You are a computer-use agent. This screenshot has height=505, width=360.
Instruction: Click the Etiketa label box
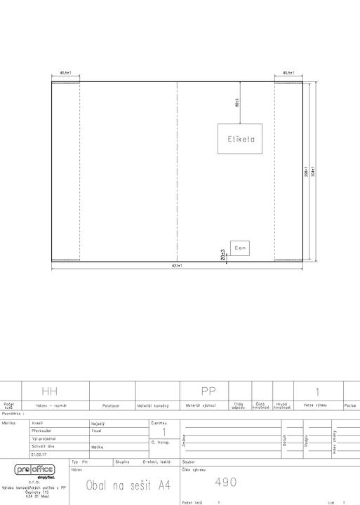[x=240, y=139]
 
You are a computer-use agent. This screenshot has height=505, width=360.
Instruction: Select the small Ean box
[x=240, y=248]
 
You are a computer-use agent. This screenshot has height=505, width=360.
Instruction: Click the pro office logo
[x=34, y=469]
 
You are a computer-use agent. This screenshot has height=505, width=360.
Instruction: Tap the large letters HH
[x=50, y=390]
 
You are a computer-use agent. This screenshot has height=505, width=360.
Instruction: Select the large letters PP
[x=208, y=390]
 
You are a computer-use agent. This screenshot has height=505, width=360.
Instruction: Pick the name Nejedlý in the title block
[x=98, y=424]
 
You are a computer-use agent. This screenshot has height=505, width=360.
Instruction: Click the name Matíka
[x=98, y=447]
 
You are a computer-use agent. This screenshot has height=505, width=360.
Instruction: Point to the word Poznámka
[x=14, y=414]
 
